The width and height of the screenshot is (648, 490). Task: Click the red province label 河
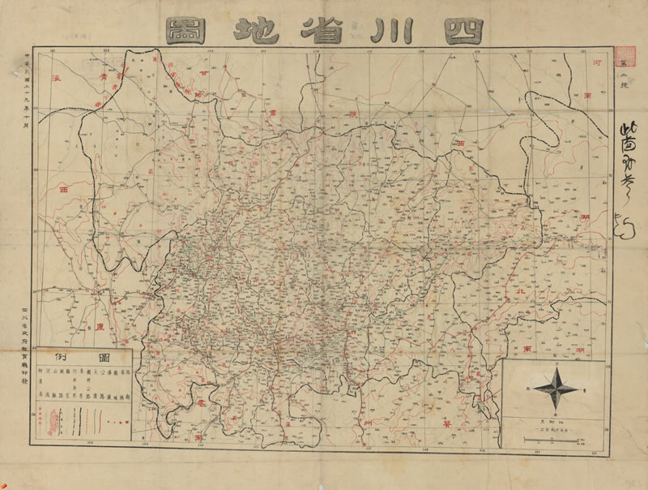597,62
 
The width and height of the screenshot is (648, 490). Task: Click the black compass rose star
555,389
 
